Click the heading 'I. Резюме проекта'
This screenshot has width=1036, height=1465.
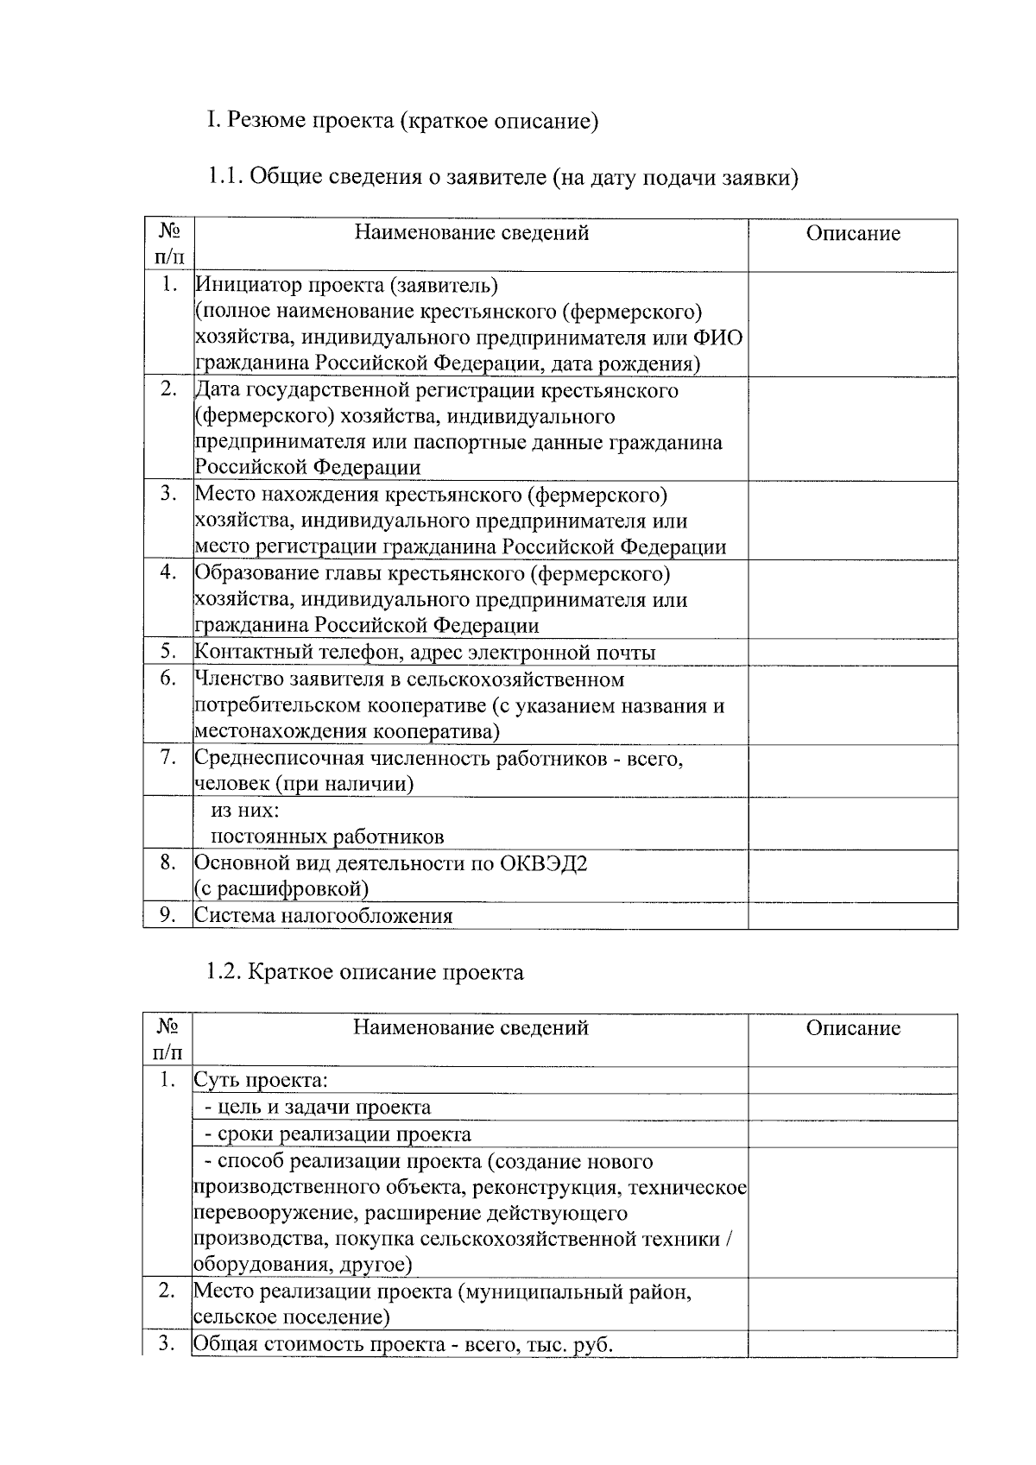(401, 120)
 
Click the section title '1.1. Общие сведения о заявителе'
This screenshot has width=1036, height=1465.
(501, 178)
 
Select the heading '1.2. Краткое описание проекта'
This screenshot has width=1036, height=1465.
(364, 972)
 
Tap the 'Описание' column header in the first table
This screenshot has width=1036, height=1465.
(852, 233)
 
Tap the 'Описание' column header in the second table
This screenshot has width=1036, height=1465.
(852, 1028)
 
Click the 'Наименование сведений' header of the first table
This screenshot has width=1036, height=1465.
(471, 232)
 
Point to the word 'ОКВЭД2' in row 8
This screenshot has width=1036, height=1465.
(543, 863)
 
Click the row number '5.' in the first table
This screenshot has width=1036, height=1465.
(168, 652)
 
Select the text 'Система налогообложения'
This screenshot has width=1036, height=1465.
(324, 916)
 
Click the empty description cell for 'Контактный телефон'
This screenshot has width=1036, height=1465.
(852, 653)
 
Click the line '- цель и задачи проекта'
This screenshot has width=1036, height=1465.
(317, 1108)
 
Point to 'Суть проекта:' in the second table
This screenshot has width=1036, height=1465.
(261, 1081)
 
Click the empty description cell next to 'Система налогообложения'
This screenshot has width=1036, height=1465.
(852, 916)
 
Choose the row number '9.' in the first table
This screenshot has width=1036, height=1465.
(168, 915)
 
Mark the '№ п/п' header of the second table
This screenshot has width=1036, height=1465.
(168, 1039)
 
